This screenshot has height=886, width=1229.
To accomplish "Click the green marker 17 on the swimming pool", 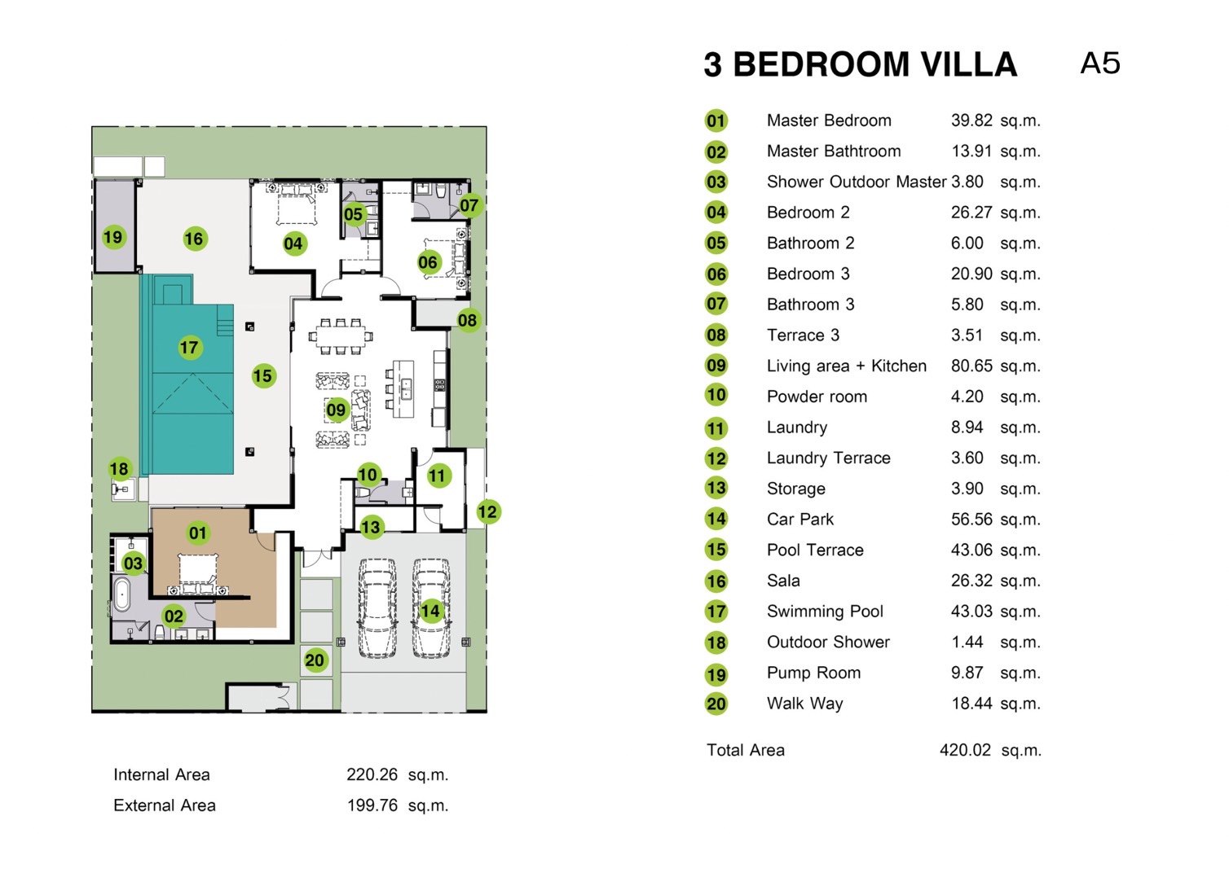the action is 189,348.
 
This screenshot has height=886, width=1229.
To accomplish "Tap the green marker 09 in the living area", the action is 336,410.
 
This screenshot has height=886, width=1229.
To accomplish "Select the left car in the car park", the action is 377,607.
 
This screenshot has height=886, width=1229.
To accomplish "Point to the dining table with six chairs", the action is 341,336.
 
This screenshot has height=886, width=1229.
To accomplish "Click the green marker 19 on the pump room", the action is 113,238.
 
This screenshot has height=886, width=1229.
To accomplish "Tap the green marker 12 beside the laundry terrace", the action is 487,512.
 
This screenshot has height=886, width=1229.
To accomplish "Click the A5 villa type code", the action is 1100,63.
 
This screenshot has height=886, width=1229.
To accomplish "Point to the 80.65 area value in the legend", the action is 971,366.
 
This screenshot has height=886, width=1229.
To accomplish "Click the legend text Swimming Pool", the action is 826,612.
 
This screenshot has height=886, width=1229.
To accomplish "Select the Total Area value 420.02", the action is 966,749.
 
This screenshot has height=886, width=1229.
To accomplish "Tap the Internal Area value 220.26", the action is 372,774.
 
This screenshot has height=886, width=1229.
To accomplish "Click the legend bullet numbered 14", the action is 716,519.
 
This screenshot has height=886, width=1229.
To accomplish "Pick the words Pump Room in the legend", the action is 813,673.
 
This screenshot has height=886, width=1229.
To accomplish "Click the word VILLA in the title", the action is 968,64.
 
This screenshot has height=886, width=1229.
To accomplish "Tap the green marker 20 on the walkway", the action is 315,660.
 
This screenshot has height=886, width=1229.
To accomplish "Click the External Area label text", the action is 165,805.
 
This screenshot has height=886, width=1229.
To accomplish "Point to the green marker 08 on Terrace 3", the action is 467,320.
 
